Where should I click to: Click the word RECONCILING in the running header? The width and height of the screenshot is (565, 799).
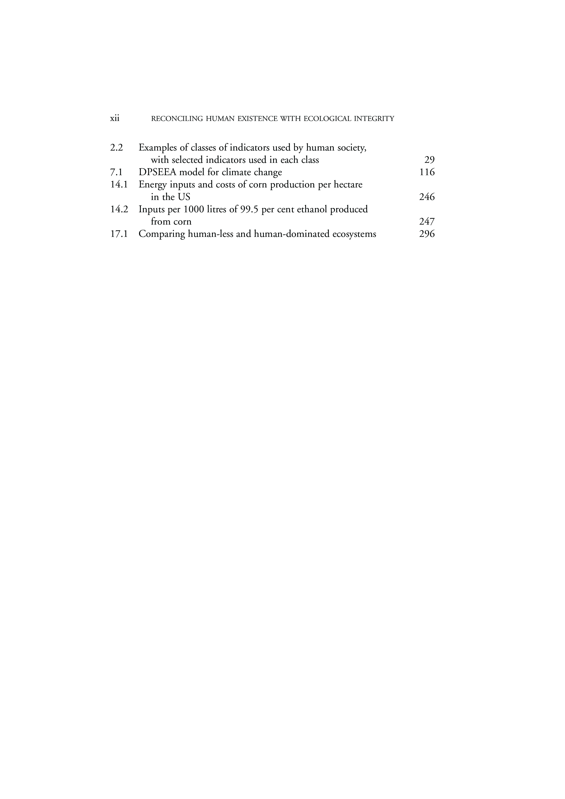(177, 119)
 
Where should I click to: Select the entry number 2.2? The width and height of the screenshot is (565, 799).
(117, 148)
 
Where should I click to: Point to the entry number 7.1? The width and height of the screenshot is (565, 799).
(117, 172)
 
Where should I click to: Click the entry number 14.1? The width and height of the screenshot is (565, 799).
(119, 184)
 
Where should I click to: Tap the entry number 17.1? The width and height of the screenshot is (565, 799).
(119, 234)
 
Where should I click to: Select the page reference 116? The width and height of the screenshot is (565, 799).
(427, 172)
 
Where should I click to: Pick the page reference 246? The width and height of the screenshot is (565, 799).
(427, 197)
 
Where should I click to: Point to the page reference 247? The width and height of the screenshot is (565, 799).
(427, 222)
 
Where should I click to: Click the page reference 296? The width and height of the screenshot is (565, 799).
(427, 234)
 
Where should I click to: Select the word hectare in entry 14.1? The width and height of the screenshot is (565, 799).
(348, 184)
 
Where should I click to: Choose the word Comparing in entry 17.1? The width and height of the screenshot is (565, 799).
(162, 234)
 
